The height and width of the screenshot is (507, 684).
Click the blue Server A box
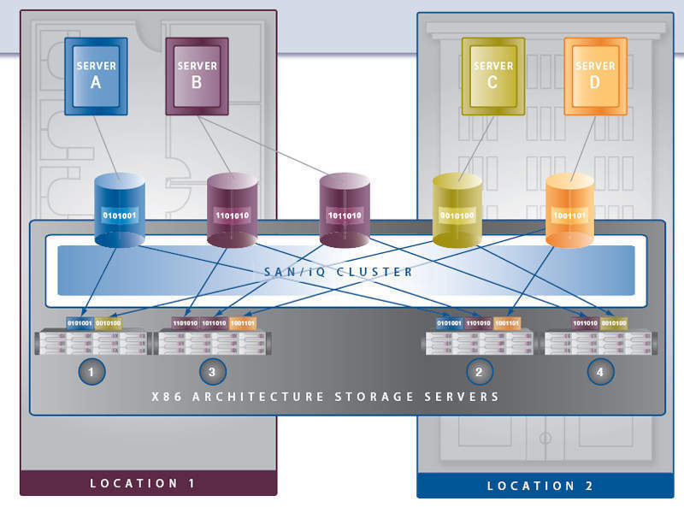[95, 75]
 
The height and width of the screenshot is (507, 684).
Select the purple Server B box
[197, 75]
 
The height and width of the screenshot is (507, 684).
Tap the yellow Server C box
[493, 75]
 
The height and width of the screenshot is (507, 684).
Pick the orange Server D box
[595, 75]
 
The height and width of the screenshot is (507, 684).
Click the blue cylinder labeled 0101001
[119, 212]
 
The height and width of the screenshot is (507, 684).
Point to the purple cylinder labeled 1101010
[232, 212]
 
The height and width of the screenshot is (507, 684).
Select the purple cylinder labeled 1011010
[345, 212]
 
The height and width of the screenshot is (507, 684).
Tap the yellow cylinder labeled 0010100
[457, 212]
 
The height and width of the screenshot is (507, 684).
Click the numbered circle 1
[91, 371]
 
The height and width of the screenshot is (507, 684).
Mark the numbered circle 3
[213, 371]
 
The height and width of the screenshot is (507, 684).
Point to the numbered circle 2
[480, 371]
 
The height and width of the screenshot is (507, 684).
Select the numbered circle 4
[601, 371]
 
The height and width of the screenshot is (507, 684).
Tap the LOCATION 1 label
[143, 484]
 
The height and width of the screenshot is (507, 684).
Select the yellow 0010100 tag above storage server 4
[614, 323]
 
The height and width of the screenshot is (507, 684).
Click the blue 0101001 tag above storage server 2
[449, 323]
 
